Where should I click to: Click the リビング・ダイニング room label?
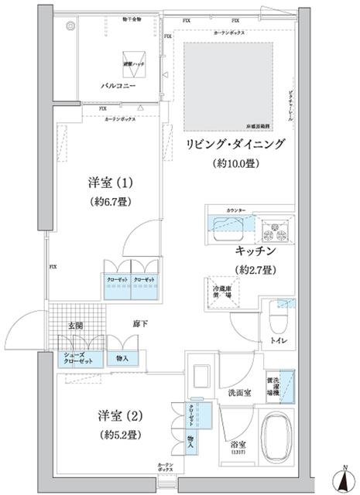point(234,145)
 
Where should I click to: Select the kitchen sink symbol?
point(229,227)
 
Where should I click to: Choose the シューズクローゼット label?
point(78,358)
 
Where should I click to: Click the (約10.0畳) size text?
point(233,165)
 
